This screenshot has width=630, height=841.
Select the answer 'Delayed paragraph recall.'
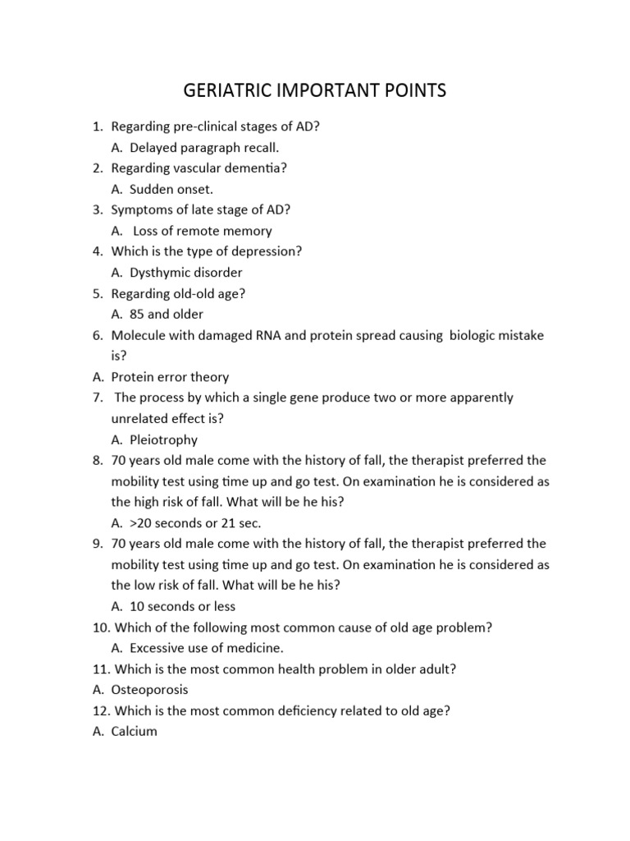pos(204,148)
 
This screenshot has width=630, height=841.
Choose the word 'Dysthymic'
pos(161,273)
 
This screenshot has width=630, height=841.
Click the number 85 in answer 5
pos(137,314)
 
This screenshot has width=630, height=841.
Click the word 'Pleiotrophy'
pos(163,439)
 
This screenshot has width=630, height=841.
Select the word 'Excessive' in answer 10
pos(159,648)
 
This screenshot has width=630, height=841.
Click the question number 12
pos(101,710)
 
